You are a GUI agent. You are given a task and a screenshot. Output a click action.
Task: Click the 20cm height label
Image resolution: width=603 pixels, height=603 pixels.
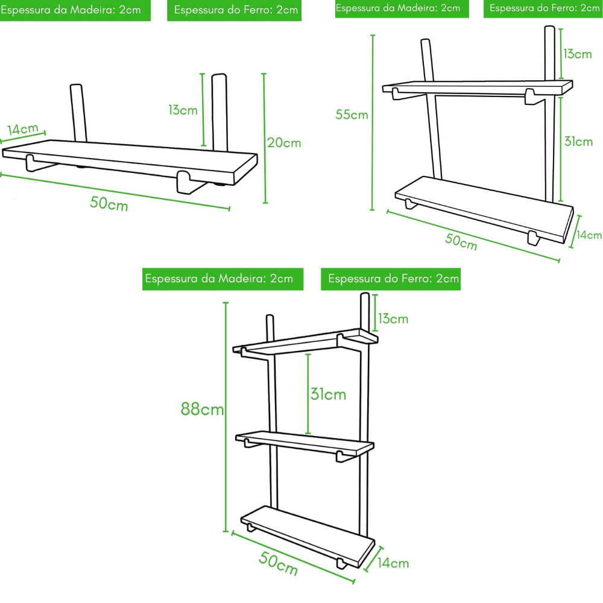pos(284,143)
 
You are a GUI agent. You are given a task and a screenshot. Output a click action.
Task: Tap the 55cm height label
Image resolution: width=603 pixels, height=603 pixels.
pos(352,115)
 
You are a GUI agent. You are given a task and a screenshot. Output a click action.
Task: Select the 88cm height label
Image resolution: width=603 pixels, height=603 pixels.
pos(203,409)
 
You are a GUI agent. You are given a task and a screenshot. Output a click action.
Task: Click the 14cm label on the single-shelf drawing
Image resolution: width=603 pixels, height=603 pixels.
pos(24,129)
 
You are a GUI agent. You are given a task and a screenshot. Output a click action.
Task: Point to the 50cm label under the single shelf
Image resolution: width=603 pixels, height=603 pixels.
pos(109,203)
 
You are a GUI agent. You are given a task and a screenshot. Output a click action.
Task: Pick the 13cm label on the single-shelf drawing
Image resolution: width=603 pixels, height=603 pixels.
pos(183,110)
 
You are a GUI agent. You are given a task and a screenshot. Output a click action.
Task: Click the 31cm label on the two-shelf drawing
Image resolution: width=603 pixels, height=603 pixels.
pos(578,142)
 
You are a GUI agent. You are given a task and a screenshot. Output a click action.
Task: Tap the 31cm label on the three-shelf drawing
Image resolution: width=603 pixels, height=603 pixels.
pos(328,394)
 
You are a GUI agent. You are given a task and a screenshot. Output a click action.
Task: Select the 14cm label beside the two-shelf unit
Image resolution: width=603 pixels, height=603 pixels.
pos(589,235)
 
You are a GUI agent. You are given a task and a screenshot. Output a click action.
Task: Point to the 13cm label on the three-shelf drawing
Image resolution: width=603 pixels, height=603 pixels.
pos(393,318)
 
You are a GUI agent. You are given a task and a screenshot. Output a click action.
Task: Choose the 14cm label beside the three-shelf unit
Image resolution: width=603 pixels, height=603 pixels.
pos(393,563)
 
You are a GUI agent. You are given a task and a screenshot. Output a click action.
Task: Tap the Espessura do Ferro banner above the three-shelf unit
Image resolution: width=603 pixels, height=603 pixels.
pos(394,279)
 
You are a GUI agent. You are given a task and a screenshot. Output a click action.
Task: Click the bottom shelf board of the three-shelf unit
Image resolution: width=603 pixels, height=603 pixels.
pos(308,534)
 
